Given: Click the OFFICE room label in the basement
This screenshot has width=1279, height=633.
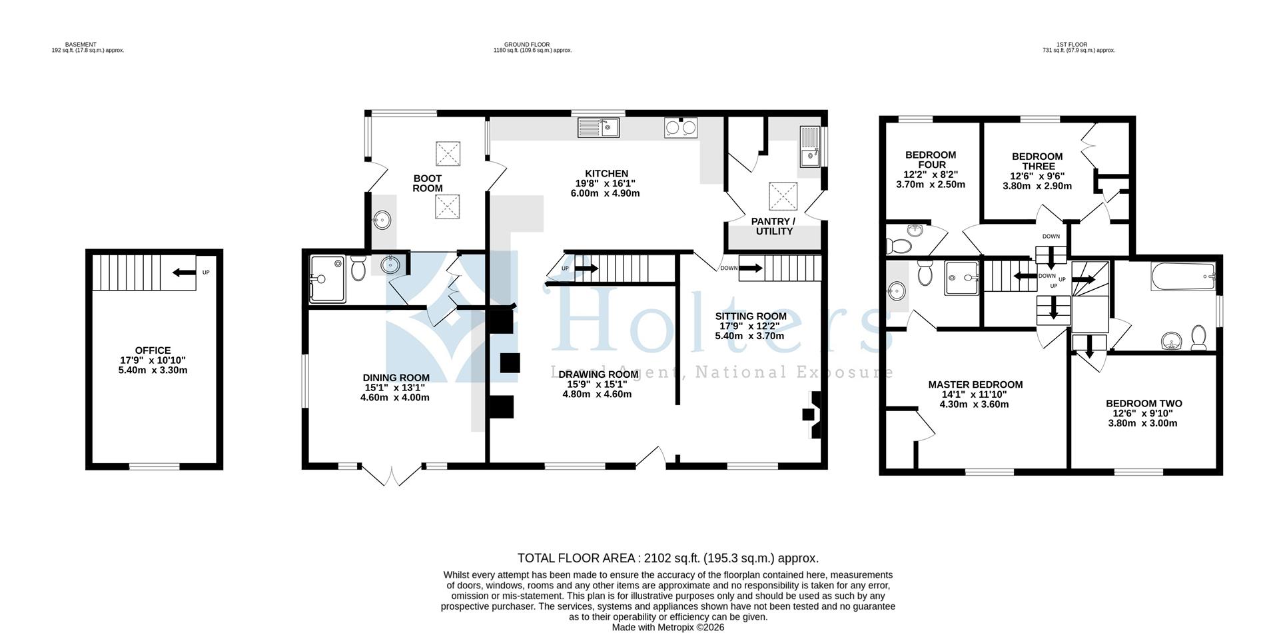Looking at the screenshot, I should click(153, 350).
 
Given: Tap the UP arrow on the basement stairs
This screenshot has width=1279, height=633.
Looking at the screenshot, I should click(183, 272).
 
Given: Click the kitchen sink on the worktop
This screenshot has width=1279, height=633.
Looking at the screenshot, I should click(599, 127).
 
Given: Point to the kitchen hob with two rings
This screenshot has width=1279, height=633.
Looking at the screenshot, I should click(680, 127).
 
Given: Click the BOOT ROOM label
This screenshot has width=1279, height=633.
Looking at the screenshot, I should click(427, 183).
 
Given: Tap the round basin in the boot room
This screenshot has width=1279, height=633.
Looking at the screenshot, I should click(383, 219).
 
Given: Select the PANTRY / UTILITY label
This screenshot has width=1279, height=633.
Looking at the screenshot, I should click(773, 226).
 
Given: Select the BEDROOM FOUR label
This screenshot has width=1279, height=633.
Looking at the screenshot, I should click(930, 160).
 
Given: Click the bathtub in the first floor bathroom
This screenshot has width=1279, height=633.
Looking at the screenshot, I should click(1182, 275).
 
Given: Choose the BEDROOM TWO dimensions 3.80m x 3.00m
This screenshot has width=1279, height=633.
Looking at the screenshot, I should click(1143, 422).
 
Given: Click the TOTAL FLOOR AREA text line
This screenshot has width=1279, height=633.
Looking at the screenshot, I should click(667, 558).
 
